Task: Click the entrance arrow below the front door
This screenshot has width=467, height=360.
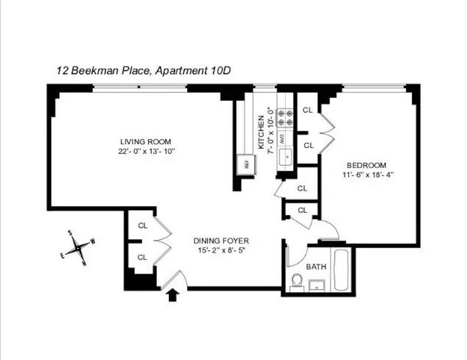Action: point(172,296)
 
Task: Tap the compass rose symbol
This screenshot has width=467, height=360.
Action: point(78,248)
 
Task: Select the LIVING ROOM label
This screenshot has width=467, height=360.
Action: point(145,142)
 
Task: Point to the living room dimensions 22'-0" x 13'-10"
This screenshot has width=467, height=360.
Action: point(146,151)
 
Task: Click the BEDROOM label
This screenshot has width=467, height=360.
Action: point(367,165)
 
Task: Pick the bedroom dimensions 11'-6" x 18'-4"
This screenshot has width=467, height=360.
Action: point(368,175)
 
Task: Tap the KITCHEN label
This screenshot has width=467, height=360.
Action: point(261,132)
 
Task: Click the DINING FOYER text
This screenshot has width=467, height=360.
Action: point(221,240)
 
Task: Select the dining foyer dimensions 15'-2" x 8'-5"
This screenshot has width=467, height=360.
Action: point(221,250)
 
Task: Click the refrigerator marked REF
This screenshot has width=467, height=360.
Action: point(246,165)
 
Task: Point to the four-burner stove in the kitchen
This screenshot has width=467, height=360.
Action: point(285,118)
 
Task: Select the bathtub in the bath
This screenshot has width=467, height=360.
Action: point(343,270)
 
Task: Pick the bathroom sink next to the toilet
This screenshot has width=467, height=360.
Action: point(316,285)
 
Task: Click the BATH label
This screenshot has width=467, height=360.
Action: point(316,267)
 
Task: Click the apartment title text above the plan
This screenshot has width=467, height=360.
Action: point(144,71)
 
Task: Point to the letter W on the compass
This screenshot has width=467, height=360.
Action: point(93,241)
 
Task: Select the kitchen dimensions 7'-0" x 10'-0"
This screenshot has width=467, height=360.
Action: point(270,130)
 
